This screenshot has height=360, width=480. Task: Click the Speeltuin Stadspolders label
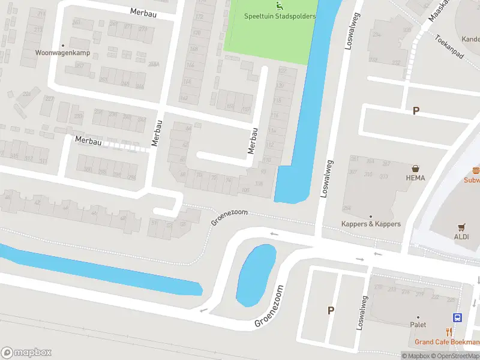[280, 16]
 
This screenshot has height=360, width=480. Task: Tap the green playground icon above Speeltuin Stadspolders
[278, 6]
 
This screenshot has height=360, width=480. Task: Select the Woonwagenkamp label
[62, 53]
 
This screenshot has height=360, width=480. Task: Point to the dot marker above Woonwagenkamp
[62, 45]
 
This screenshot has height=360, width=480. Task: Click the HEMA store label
[415, 178]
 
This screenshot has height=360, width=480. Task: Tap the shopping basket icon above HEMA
[415, 169]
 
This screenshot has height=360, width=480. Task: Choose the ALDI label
[462, 236]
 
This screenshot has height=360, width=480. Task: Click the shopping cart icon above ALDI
[461, 227]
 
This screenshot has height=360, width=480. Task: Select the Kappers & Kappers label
[371, 224]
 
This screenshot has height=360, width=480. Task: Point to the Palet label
[418, 325]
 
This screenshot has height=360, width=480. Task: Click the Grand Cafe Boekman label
[446, 342]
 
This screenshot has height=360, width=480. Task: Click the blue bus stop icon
[457, 318]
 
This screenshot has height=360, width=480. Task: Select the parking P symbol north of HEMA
[415, 111]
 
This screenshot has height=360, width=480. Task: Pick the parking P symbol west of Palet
[330, 310]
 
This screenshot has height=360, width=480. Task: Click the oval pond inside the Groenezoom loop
[256, 275]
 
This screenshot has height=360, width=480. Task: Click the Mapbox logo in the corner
[26, 352]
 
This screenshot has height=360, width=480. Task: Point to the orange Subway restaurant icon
[476, 170]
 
